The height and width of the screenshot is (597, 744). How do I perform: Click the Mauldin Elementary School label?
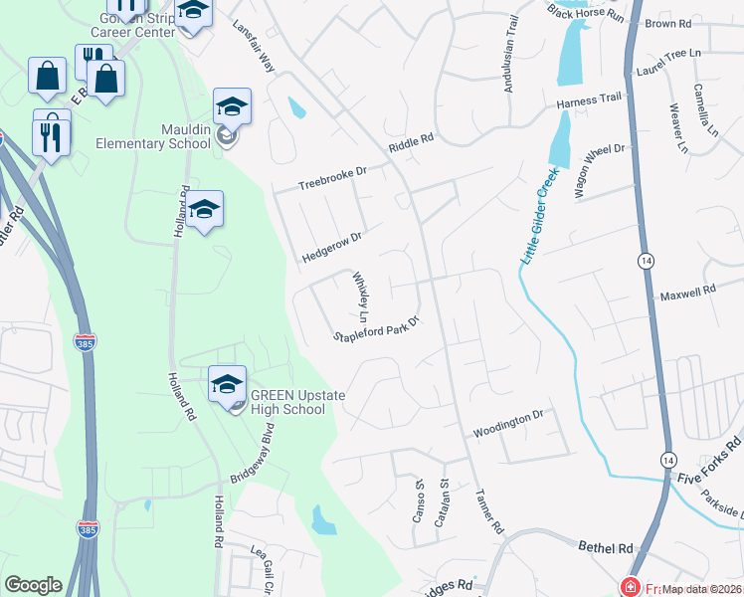(x=153, y=136)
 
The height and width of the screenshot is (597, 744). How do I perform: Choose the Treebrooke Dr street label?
(x=333, y=179)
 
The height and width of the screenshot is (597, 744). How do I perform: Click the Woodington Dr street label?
(x=507, y=425)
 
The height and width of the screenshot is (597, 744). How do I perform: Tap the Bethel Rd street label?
(x=606, y=547)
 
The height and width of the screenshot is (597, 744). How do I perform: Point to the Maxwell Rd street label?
(x=688, y=293)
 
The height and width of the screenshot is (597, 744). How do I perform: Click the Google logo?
(x=33, y=585)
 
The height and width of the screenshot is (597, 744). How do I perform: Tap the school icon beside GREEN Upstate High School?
(x=228, y=384)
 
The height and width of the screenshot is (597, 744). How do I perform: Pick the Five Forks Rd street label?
(x=709, y=456)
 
